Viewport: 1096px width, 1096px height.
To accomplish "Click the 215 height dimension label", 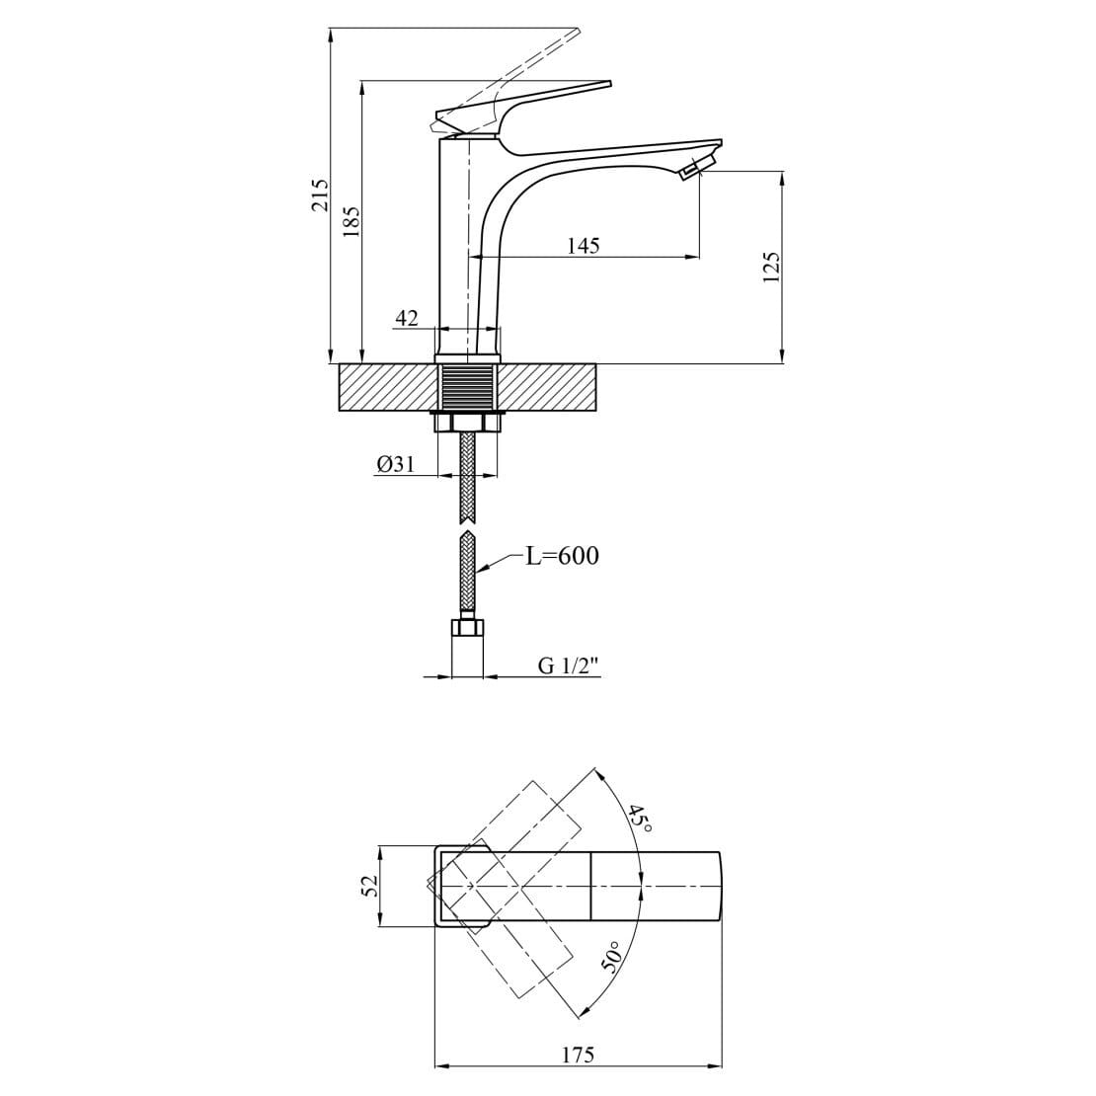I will click(x=319, y=195).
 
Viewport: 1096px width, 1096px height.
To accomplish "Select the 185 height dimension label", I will click(x=352, y=219).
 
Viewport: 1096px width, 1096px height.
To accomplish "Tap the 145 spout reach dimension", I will click(x=583, y=245).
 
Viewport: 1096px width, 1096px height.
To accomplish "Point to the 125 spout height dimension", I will click(x=772, y=267).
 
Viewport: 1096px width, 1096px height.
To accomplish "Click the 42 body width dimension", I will click(x=407, y=318).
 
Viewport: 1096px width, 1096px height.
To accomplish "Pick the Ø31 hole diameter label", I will click(x=396, y=463).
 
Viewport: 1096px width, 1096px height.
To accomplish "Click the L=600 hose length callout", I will click(x=562, y=556).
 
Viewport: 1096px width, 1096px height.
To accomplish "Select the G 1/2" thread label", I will click(x=569, y=665).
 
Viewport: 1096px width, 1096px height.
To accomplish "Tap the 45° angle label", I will click(x=639, y=819).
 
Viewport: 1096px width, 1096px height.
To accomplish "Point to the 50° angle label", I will click(x=613, y=957).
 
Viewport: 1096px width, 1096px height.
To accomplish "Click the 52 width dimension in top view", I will click(x=370, y=886).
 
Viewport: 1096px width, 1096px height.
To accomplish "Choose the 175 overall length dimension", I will click(x=578, y=1055).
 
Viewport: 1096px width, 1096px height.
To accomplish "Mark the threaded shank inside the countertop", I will click(x=467, y=386).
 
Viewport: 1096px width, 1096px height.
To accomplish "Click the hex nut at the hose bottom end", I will click(x=467, y=627).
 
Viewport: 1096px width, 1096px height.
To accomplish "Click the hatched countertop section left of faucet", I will click(x=386, y=387).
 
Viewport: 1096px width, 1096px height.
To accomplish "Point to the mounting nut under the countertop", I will click(x=467, y=423).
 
